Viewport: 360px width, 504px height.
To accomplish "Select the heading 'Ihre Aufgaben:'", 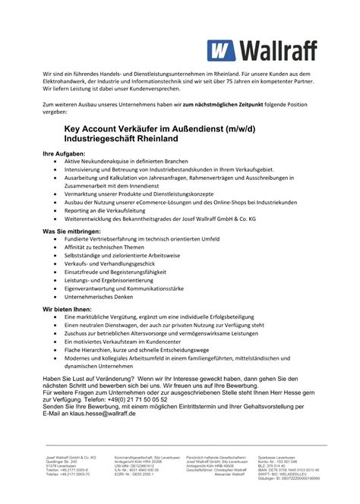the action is [x=68, y=153].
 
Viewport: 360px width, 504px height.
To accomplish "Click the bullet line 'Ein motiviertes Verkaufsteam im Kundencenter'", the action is [x=128, y=342].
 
